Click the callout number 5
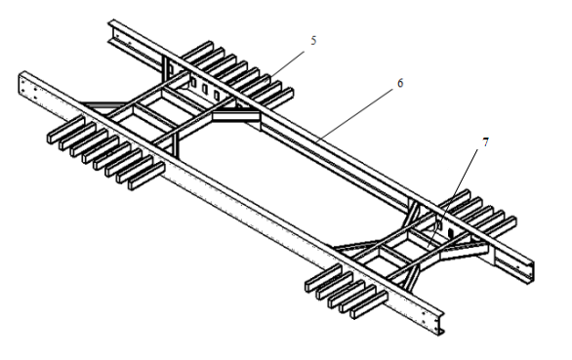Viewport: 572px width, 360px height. (x=313, y=40)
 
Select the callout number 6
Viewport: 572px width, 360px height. (x=400, y=83)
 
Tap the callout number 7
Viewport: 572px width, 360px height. (x=485, y=142)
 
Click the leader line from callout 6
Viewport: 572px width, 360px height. (x=355, y=115)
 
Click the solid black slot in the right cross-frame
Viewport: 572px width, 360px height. (x=451, y=232)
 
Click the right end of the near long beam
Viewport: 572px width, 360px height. (x=437, y=323)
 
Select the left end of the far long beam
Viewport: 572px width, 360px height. (x=114, y=32)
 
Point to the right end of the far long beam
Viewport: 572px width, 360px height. (x=528, y=270)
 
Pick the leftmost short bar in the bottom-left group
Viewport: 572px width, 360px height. (x=65, y=129)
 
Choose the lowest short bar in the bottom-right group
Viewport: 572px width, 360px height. (x=368, y=305)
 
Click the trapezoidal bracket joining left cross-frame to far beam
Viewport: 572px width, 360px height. (x=236, y=117)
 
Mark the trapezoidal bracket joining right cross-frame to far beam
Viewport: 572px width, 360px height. (x=464, y=251)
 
